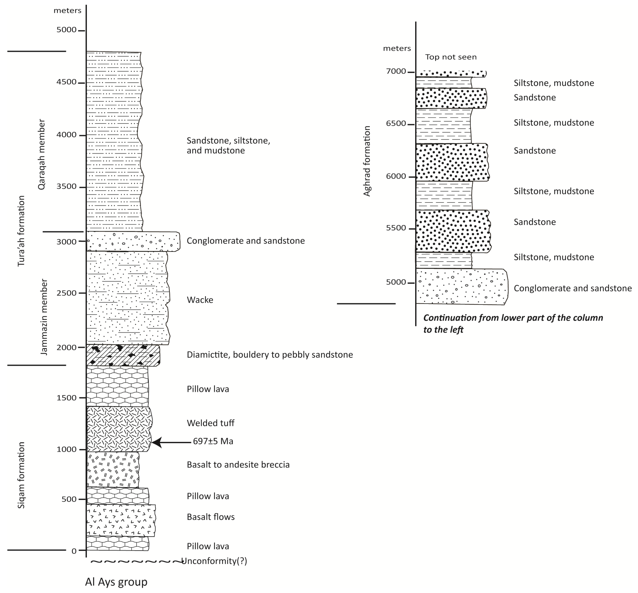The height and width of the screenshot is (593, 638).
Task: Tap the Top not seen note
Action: tap(451, 57)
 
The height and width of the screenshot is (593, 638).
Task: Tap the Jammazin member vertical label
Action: tap(44, 317)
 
